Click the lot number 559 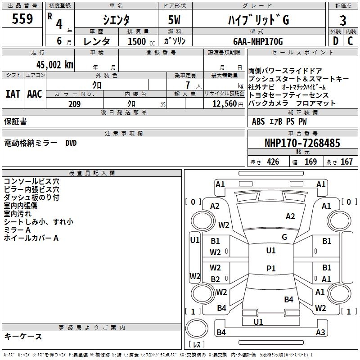click(x=22, y=20)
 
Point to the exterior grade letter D click(x=335, y=41)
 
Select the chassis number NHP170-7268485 click(x=302, y=143)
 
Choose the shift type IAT click(x=13, y=94)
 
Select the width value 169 click(x=311, y=162)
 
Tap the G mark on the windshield click(x=284, y=237)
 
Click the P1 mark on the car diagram click(x=271, y=269)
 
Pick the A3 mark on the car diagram click(x=320, y=333)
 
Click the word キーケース click(x=23, y=336)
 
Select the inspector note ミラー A click(x=17, y=230)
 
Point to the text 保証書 click(x=15, y=121)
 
